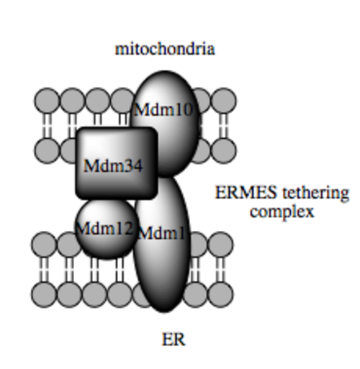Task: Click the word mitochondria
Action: [x=165, y=50]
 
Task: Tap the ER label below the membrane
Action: [x=174, y=340]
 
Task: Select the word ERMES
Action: [x=246, y=193]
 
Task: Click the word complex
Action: [x=282, y=212]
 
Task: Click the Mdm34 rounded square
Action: [x=117, y=163]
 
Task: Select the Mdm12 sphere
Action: [x=107, y=229]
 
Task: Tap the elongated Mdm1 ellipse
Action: [x=163, y=245]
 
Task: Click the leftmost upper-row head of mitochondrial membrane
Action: [x=47, y=101]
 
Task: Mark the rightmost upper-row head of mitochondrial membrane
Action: [x=224, y=101]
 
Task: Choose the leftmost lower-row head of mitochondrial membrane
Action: [x=47, y=151]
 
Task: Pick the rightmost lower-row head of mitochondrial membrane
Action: [x=224, y=151]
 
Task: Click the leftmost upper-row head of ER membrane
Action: [x=44, y=245]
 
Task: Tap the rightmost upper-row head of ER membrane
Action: [x=220, y=245]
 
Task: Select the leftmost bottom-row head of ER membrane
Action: [x=44, y=295]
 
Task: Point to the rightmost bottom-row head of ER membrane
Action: [x=220, y=295]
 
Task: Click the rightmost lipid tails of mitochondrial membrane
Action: [x=224, y=126]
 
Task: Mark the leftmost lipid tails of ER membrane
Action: [x=44, y=270]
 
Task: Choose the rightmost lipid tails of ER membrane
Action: [x=220, y=270]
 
